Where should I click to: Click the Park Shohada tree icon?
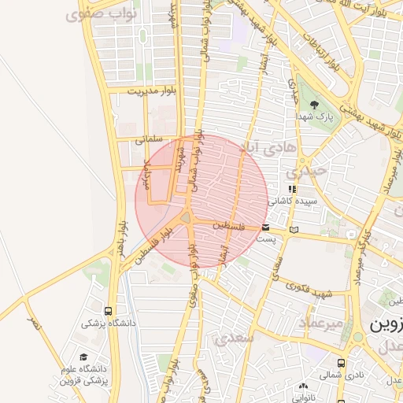tap(315, 104)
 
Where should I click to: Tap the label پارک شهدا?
tap(320, 116)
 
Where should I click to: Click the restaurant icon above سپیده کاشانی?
tap(293, 189)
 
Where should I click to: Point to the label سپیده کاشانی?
tap(292, 201)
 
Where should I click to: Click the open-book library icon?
tap(294, 230)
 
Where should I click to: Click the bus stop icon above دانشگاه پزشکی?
tap(108, 311)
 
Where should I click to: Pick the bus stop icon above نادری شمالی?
tap(340, 363)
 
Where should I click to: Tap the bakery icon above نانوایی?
tap(304, 386)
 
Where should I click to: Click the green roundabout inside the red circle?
tap(187, 218)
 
